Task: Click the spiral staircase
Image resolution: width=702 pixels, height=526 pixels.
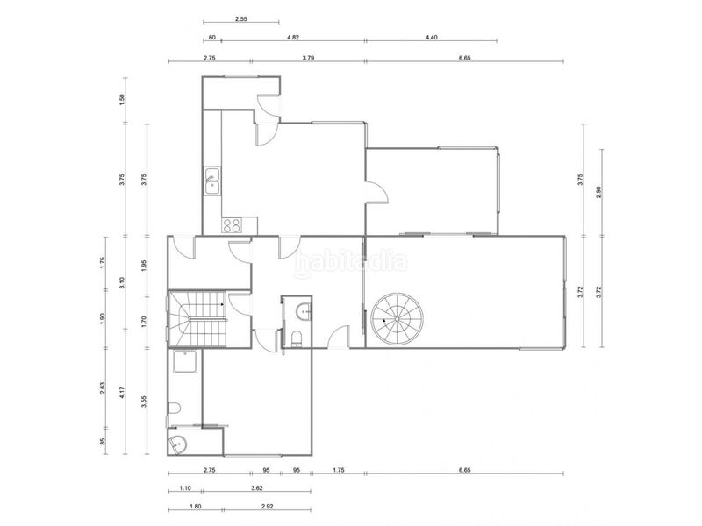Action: point(398,318)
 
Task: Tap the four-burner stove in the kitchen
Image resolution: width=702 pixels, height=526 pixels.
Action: point(232,225)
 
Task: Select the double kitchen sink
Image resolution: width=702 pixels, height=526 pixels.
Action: point(212,181)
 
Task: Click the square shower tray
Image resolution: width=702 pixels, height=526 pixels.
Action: point(184,362)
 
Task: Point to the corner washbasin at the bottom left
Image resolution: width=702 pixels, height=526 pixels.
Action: point(178,444)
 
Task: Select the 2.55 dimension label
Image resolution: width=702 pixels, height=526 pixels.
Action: point(240,19)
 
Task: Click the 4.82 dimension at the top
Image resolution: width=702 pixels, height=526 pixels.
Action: point(293,38)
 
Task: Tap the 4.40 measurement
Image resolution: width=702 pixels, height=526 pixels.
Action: point(431,38)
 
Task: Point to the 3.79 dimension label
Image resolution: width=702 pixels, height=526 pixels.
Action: point(308,58)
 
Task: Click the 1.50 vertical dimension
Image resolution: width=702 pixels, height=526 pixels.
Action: point(122,100)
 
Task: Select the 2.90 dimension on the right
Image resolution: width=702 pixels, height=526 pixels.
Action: point(599,192)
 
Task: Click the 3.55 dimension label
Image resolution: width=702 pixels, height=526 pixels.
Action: point(144,402)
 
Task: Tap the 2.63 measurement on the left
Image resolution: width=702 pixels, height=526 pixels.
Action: point(102,387)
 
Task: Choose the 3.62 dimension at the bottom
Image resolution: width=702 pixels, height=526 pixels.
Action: point(256,488)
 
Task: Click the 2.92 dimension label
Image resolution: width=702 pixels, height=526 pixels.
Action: point(267,507)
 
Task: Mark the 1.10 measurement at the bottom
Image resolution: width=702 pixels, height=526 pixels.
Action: point(185,488)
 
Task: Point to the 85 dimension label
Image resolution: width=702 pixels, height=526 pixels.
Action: point(102,442)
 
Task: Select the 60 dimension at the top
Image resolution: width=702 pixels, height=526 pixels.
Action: point(212,38)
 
